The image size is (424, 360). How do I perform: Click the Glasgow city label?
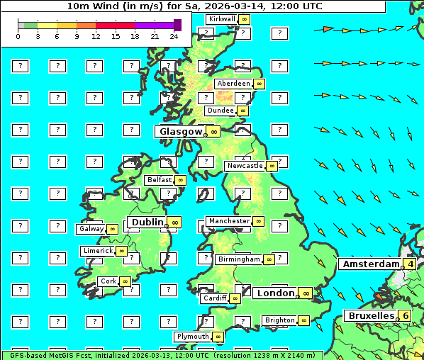(x=180, y=131)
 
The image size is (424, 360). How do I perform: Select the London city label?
(x=274, y=293)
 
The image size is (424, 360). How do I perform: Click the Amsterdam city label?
(x=371, y=264)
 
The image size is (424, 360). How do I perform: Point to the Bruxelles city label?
(x=370, y=315)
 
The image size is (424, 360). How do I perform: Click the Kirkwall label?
(x=221, y=18)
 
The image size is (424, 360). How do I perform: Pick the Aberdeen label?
(x=233, y=84)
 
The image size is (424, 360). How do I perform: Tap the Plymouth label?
(x=192, y=337)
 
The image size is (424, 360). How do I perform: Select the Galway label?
(x=91, y=229)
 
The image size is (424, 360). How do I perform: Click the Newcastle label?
(x=244, y=166)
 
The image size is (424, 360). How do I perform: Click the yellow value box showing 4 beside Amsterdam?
(x=410, y=264)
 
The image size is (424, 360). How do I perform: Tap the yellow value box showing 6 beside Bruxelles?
(x=405, y=315)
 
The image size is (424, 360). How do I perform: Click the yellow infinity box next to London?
(x=306, y=293)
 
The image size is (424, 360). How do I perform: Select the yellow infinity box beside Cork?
(x=125, y=281)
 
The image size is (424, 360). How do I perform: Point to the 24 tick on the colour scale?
(x=174, y=36)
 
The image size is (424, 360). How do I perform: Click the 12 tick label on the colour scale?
(x=96, y=36)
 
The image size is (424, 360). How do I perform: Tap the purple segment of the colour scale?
(x=154, y=25)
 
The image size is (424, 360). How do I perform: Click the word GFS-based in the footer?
(x=24, y=355)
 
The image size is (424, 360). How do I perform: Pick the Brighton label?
(x=279, y=320)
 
